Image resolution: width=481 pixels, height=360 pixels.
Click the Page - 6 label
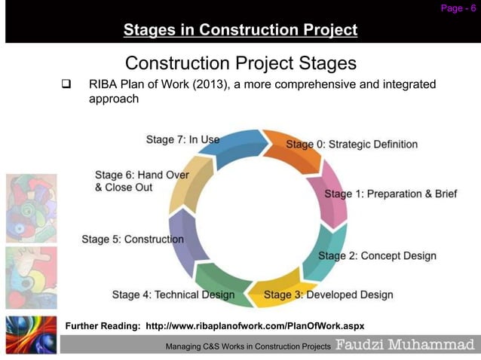458,8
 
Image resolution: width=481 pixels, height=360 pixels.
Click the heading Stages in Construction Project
240,31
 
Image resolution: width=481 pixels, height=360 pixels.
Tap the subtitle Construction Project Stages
240,63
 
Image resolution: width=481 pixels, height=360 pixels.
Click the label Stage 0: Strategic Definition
351,144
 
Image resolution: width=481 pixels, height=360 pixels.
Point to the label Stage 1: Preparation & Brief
391,194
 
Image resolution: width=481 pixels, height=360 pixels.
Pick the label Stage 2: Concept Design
377,255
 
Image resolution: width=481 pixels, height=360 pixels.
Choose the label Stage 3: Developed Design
328,294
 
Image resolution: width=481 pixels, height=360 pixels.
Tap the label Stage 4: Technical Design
173,294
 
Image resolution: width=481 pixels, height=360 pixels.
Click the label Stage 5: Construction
133,239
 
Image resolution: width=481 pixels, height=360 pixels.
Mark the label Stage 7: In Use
182,139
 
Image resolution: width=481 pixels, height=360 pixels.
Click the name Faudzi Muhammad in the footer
405,345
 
